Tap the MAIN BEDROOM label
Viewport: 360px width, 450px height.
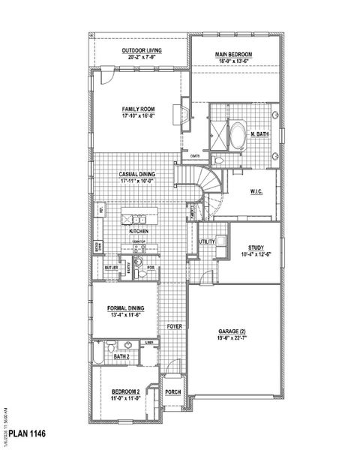[x=232, y=55]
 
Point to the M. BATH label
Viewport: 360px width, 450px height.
[x=260, y=134]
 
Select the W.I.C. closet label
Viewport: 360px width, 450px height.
[x=256, y=192]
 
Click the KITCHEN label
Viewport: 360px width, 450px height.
[x=138, y=232]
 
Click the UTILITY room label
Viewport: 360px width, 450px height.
[x=208, y=241]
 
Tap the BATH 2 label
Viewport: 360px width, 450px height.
[x=122, y=357]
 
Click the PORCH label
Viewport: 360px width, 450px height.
[x=173, y=391]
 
